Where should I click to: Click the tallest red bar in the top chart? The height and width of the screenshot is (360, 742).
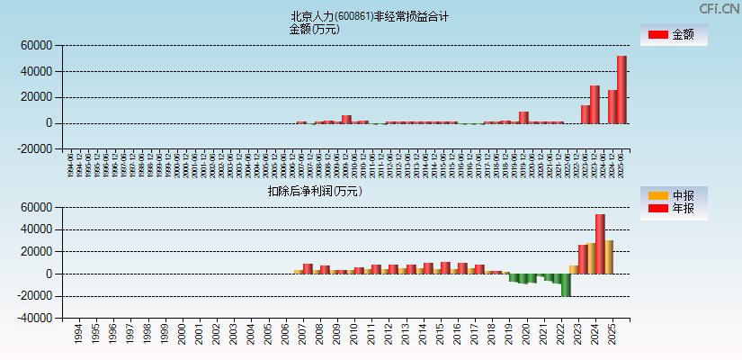pyautogui.click(x=621, y=89)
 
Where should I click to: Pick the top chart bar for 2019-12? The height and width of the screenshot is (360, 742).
pyautogui.click(x=523, y=117)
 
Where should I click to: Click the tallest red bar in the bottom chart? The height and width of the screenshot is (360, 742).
pyautogui.click(x=600, y=244)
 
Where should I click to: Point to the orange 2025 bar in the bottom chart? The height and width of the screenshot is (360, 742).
pyautogui.click(x=609, y=256)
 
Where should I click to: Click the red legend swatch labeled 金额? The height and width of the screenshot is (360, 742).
pyautogui.click(x=658, y=35)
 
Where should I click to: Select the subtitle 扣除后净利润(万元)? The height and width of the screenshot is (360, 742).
pyautogui.click(x=315, y=191)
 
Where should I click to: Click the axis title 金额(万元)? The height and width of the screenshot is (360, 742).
pyautogui.click(x=314, y=29)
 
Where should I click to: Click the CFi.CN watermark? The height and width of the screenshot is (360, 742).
pyautogui.click(x=719, y=9)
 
